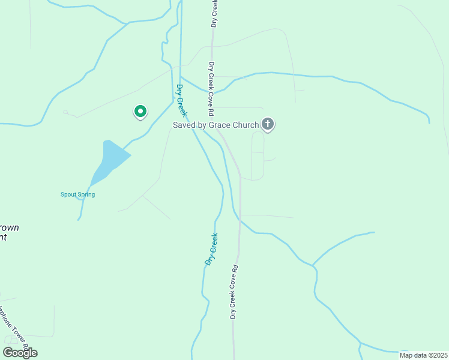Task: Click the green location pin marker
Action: coord(140,112)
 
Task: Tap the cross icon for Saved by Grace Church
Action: coord(268,125)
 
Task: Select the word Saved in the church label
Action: coord(184,125)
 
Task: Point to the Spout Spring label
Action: coord(77,194)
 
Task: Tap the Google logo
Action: coord(20,353)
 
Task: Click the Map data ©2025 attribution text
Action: coord(423,355)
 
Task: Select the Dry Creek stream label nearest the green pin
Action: coord(181,100)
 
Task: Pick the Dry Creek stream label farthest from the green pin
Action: coord(211,250)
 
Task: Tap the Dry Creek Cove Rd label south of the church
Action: coord(235,292)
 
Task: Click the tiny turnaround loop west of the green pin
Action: coord(65,112)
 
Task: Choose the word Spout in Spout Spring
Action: coord(68,194)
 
